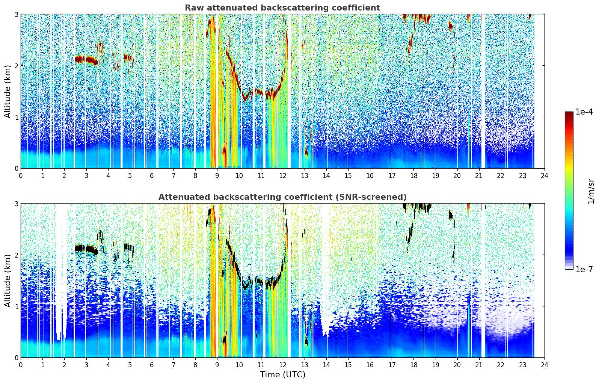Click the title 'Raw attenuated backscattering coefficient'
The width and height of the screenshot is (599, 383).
282,8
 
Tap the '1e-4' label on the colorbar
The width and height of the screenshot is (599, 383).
584,112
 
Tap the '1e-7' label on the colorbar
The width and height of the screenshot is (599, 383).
584,269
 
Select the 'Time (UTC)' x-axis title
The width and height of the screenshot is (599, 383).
282,374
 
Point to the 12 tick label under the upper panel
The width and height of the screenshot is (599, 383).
283,176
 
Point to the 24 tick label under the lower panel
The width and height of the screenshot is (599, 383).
545,365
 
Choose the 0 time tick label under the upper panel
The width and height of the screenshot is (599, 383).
21,176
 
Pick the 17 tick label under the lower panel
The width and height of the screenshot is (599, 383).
392,365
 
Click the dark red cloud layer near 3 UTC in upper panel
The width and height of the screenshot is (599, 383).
86,60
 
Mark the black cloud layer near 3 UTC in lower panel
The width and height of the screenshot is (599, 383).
86,249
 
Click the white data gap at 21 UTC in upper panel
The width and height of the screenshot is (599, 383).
483,91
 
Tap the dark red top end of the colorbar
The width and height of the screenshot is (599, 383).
569,113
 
